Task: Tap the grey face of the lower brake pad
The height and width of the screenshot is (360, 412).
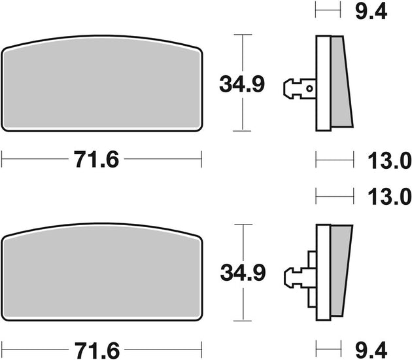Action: tap(101, 275)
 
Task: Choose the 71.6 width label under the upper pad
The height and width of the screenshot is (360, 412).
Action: tap(97, 160)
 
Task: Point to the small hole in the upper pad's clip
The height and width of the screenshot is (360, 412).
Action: tap(310, 86)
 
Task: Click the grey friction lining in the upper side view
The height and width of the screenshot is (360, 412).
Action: tap(340, 82)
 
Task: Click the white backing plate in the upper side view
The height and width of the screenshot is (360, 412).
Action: tap(321, 82)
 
